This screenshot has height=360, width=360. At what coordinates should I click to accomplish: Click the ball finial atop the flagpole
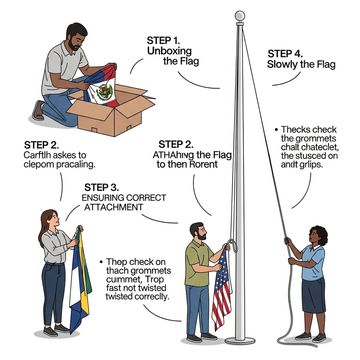240,16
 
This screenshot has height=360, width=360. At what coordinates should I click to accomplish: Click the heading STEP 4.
284,53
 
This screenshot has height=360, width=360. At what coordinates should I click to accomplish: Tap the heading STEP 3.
102,187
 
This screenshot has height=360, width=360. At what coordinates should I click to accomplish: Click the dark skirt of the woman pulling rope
313,294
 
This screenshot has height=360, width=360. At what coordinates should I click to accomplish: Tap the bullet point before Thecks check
276,129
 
